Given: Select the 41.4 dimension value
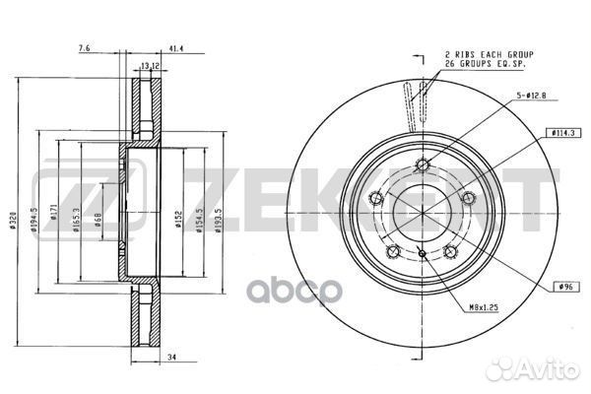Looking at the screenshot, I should coord(177,47).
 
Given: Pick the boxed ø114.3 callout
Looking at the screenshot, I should coord(562,132).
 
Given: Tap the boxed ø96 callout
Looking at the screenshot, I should coord(565,286).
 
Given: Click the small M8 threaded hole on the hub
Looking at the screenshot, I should coord(421,255).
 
